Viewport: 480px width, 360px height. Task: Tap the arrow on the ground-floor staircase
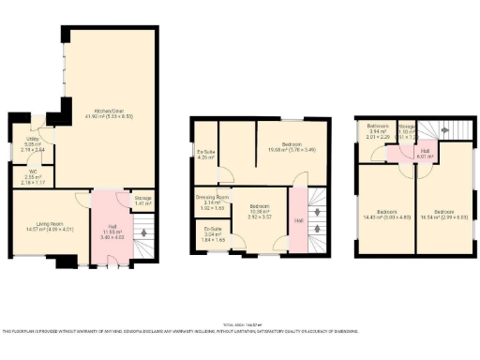[x=142, y=230]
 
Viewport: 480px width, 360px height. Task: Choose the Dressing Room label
[x=207, y=200]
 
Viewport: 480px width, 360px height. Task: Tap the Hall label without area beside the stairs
[x=298, y=221]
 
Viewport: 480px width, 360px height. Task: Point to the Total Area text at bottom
[x=240, y=322]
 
